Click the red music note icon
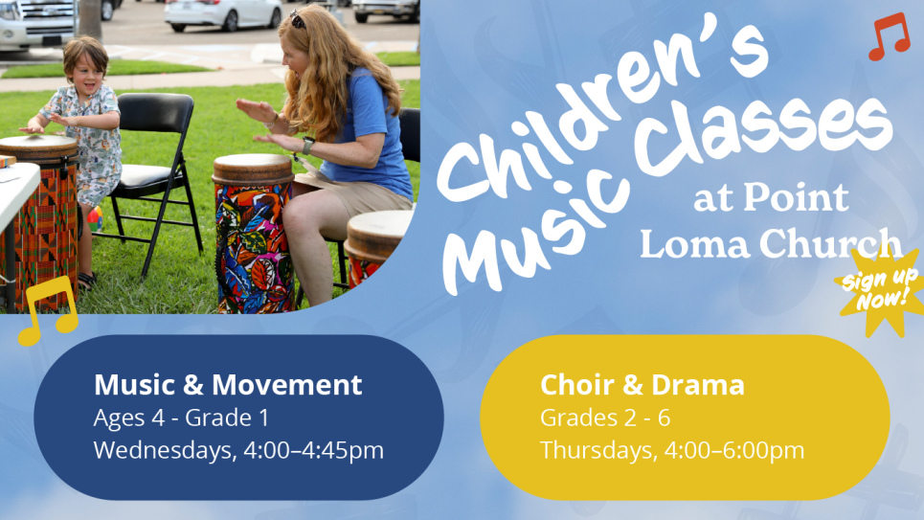889,36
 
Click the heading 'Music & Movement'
228,384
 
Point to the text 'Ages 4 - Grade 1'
181,418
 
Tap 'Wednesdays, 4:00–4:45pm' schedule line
238,450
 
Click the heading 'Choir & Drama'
642,385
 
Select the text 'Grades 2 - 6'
605,418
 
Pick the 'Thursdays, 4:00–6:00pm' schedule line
672,450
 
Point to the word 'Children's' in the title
596,110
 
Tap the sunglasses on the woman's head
297,19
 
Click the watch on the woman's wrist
307,145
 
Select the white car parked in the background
223,14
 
